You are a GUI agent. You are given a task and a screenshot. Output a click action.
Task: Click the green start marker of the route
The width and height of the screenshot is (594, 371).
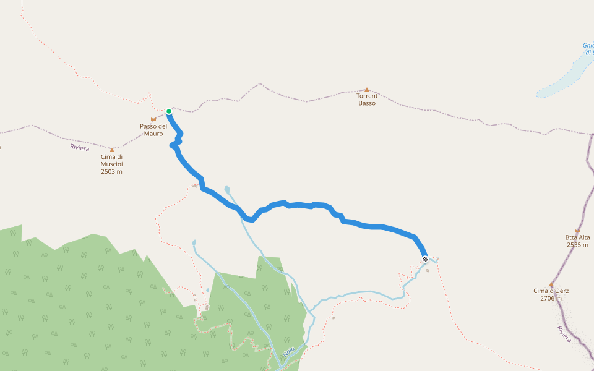(168, 111)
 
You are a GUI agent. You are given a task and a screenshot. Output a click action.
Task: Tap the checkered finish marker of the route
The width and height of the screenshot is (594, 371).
(425, 259)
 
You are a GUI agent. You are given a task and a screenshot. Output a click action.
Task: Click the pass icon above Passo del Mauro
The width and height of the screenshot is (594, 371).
(153, 119)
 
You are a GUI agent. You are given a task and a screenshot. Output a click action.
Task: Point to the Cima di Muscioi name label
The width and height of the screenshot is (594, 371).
(112, 160)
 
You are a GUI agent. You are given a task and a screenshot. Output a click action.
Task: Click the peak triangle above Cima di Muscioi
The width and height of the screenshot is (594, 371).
(112, 150)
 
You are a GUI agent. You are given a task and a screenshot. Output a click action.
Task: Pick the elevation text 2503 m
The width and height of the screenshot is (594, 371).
(112, 171)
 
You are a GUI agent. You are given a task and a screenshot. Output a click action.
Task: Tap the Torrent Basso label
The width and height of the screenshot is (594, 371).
(367, 100)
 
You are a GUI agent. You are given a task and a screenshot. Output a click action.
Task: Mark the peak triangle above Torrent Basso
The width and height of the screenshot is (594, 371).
(367, 90)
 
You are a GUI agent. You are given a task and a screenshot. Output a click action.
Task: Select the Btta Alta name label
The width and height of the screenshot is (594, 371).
(577, 237)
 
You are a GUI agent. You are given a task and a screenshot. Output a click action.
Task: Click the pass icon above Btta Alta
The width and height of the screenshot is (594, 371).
(577, 231)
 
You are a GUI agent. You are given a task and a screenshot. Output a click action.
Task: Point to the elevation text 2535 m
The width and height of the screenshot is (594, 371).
(577, 245)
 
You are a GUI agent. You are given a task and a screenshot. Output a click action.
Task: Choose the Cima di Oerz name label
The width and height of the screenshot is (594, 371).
(551, 291)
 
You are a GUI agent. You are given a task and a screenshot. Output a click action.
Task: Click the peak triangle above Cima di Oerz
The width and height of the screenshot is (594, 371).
(551, 284)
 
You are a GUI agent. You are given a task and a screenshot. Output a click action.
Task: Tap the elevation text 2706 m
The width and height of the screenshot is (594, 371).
(551, 298)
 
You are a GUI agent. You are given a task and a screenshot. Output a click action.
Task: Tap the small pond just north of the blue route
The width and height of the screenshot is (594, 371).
(228, 189)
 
